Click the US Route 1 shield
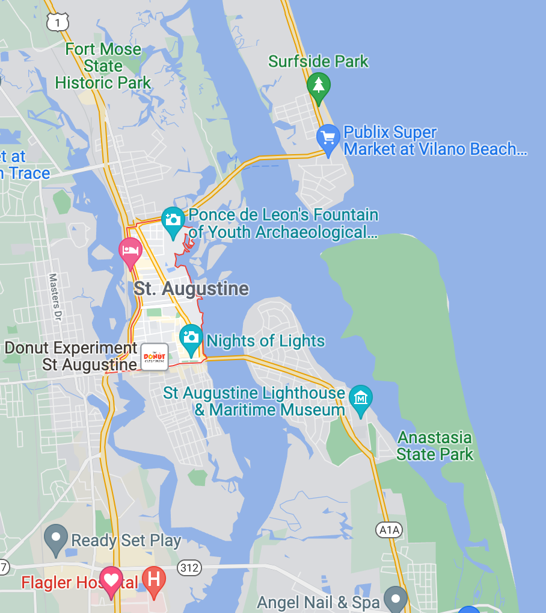[x=57, y=22]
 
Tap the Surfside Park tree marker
[x=319, y=86]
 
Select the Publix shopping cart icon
[x=328, y=137]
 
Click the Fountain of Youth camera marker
[x=173, y=219]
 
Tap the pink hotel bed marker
[x=130, y=249]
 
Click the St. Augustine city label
[x=191, y=289]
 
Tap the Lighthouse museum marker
[x=361, y=398]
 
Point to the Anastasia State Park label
[x=435, y=446]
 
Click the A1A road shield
[x=388, y=530]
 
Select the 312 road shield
[x=189, y=567]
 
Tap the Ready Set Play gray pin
[x=57, y=537]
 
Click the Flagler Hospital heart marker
[x=111, y=580]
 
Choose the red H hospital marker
[x=154, y=580]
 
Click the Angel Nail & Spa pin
[x=396, y=599]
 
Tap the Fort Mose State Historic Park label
[x=103, y=66]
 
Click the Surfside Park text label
[x=319, y=61]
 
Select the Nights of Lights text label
[x=266, y=341]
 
